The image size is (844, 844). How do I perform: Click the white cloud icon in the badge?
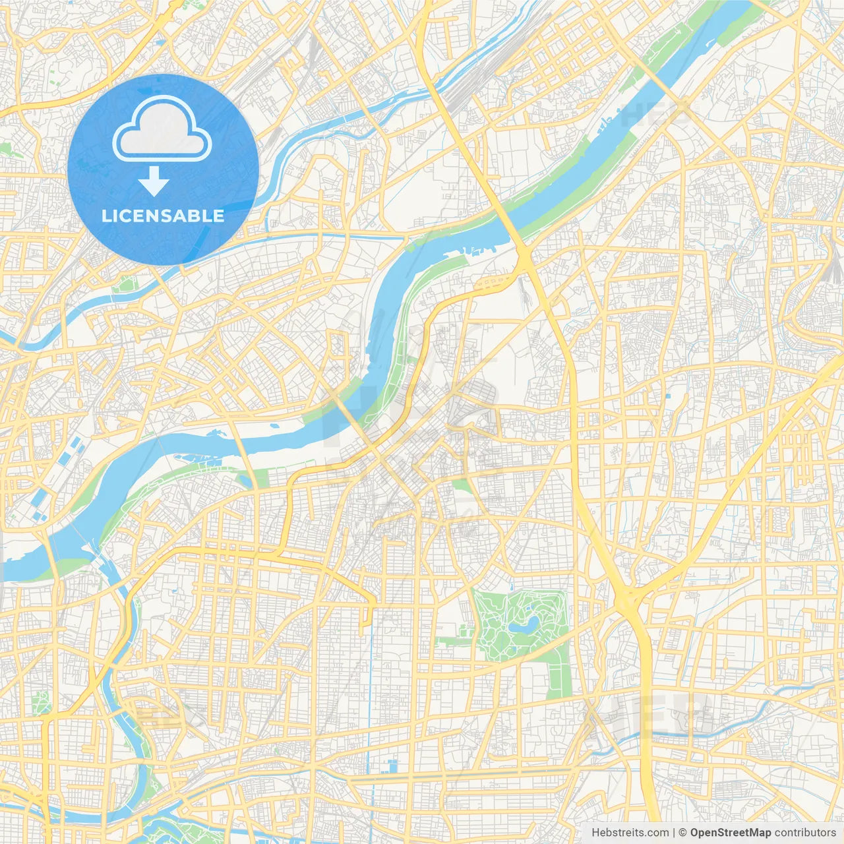pos(162,129)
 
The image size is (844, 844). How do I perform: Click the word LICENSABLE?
pos(163,216)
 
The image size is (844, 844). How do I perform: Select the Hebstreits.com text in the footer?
pos(630,833)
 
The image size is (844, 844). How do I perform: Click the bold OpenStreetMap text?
pos(731,833)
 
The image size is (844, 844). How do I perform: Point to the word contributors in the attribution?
pos(805,833)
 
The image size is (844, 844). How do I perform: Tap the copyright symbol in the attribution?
pos(683,833)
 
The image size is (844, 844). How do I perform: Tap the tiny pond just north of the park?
pos(511,585)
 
